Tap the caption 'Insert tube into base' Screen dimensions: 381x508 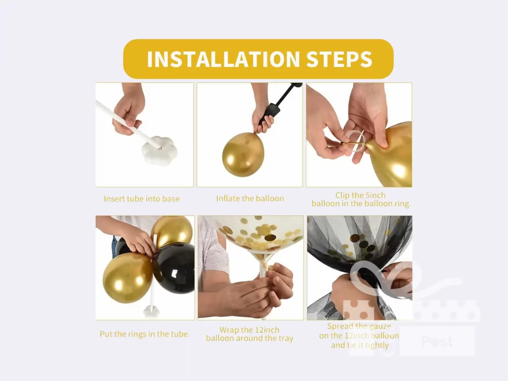(x=141, y=199)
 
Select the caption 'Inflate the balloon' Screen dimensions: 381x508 (x=250, y=198)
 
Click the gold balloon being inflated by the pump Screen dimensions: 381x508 (x=243, y=154)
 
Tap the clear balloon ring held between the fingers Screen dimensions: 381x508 (x=356, y=142)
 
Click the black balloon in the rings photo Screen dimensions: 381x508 (x=175, y=268)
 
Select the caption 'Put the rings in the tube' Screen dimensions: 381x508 (x=144, y=334)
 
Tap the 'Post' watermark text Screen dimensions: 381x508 (x=437, y=341)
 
